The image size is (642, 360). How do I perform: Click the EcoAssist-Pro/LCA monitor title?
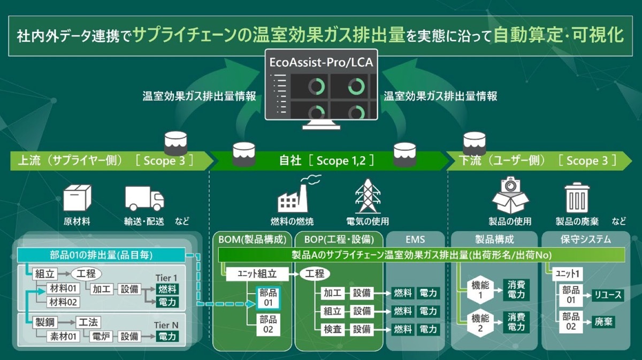pyautogui.click(x=322, y=63)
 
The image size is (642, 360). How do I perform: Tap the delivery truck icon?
pyautogui.click(x=145, y=198)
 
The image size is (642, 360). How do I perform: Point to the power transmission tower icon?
pyautogui.click(x=368, y=196)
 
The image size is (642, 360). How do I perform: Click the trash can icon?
pyautogui.click(x=577, y=197)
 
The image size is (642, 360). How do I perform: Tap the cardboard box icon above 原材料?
pyautogui.click(x=77, y=198)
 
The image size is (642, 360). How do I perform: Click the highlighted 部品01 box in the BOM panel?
pyautogui.click(x=268, y=298)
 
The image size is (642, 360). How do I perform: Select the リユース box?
pyautogui.click(x=608, y=295)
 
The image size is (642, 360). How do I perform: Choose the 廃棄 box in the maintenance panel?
pyautogui.click(x=603, y=321)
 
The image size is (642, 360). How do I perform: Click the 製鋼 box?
pyautogui.click(x=45, y=322)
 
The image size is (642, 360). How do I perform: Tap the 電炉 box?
pyautogui.click(x=101, y=336)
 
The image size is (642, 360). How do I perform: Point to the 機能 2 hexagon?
pyautogui.click(x=480, y=323)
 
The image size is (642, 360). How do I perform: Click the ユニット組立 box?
pyautogui.click(x=257, y=274)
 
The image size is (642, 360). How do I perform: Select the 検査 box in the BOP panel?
pyautogui.click(x=332, y=329)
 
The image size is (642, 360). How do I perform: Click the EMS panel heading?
pyautogui.click(x=415, y=240)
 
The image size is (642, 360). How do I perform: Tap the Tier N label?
pyautogui.click(x=166, y=325)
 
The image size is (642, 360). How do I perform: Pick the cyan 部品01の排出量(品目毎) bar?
pyautogui.click(x=101, y=255)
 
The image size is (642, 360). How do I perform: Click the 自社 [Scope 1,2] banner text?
pyautogui.click(x=327, y=160)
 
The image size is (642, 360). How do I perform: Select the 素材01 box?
pyautogui.click(x=63, y=336)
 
